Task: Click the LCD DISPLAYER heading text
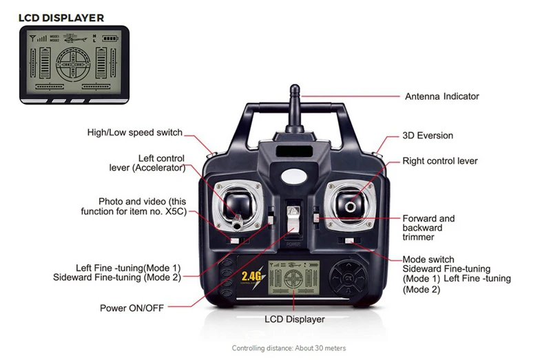tap(61, 17)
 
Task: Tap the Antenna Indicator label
tap(441, 96)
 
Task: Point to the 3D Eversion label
tap(428, 136)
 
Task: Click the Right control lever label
tap(439, 161)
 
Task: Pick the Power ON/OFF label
tap(132, 308)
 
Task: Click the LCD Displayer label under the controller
tap(294, 319)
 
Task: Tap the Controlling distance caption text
tap(289, 348)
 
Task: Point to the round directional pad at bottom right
tap(347, 279)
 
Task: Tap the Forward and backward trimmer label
tap(428, 228)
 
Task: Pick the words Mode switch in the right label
tap(428, 260)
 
